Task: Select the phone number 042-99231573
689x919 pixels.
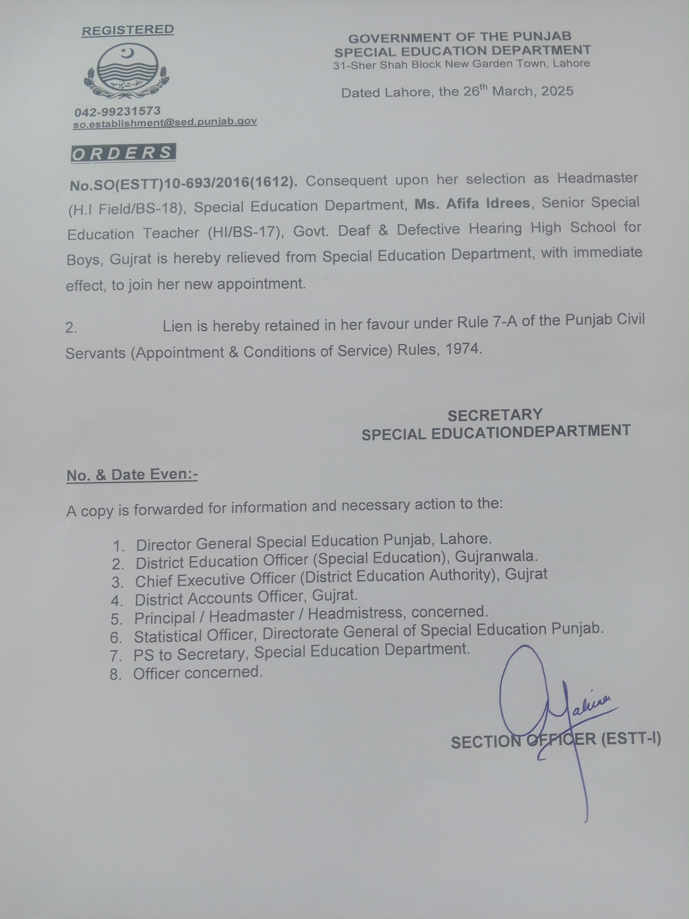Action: click(118, 111)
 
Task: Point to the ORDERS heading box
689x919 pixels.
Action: click(123, 153)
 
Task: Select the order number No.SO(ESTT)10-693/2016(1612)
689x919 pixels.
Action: click(183, 183)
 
